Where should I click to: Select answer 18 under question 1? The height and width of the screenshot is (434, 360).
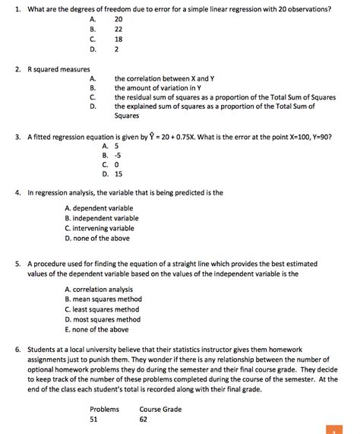(118, 38)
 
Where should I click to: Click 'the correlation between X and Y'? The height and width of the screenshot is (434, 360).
(164, 78)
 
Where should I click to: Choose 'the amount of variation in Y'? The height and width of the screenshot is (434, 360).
(157, 88)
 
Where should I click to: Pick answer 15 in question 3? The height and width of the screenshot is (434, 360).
(118, 173)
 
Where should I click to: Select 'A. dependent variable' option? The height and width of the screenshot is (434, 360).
(99, 207)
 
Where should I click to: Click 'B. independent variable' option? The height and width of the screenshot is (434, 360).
(102, 218)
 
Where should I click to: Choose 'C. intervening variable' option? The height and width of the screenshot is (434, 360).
(99, 228)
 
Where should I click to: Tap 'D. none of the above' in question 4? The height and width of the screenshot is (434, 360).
(97, 238)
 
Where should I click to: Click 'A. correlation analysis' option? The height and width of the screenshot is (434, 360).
(99, 289)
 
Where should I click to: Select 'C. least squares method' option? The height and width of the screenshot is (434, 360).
(102, 309)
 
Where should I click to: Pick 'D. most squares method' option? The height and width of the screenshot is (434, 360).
(103, 320)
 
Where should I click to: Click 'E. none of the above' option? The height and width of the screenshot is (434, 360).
(96, 330)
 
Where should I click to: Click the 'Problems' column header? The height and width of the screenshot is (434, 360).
(105, 409)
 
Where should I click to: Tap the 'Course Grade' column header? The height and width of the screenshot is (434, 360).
(160, 409)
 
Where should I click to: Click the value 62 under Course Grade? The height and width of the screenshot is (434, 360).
(144, 419)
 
